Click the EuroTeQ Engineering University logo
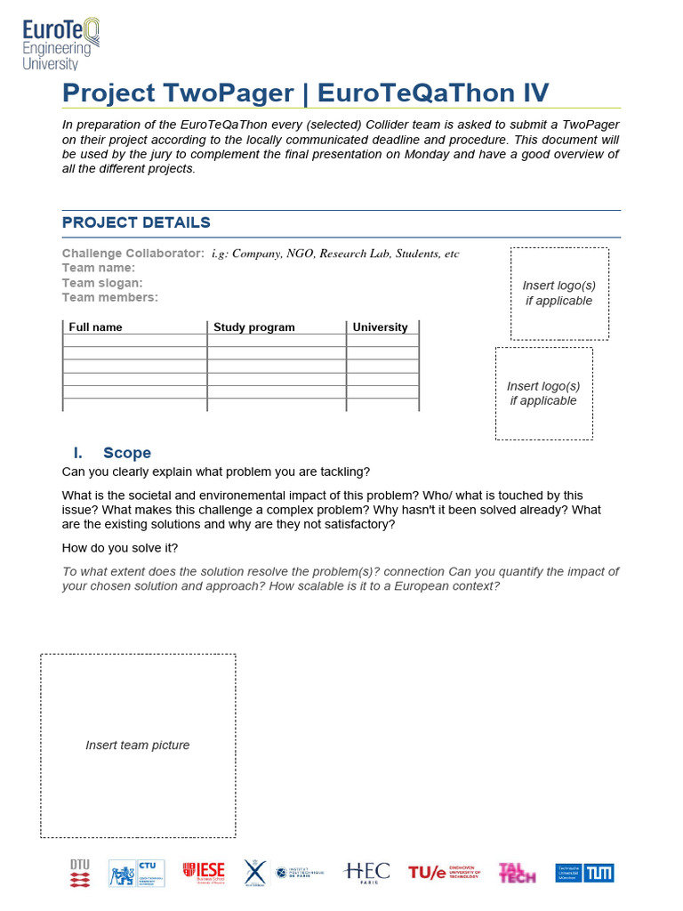pos(61,44)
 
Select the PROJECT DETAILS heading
pos(136,222)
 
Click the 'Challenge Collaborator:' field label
pos(133,254)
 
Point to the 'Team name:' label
pos(98,268)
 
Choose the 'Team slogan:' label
pos(102,283)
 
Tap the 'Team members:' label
pos(109,297)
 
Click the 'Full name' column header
pos(95,327)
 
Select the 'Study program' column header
pos(253,327)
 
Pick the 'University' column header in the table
pos(380,327)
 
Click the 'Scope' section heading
pos(127,453)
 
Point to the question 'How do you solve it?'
pos(120,547)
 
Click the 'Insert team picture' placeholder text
pos(137,746)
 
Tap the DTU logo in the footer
pos(80,873)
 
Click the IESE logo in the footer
pos(204,873)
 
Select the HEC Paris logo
pos(366,873)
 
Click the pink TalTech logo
pos(517,873)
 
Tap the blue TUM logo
pos(584,873)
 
